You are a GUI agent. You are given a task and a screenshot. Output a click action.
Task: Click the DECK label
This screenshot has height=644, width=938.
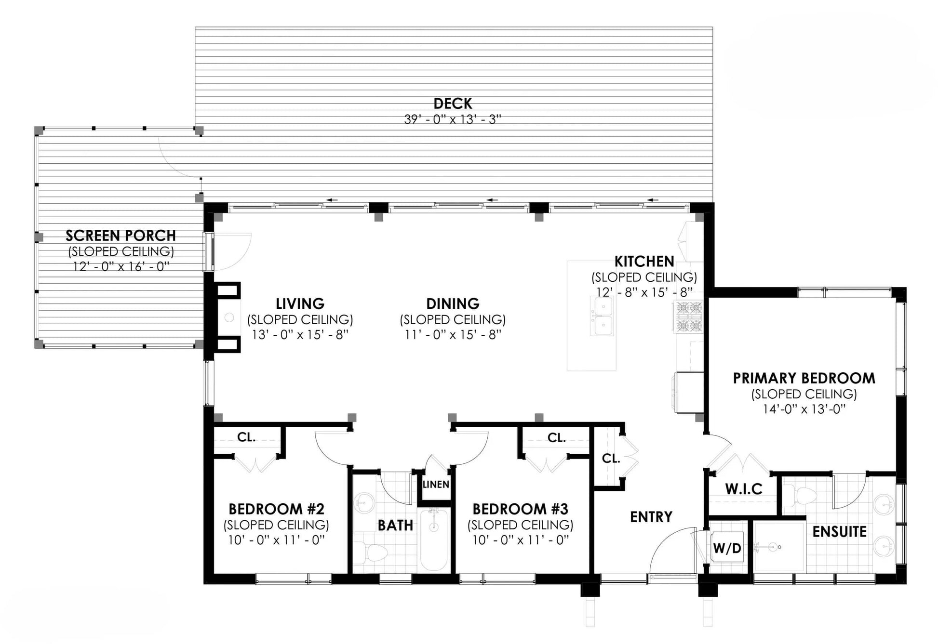(x=453, y=104)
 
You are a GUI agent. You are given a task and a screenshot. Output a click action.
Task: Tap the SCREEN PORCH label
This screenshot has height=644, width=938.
(x=121, y=236)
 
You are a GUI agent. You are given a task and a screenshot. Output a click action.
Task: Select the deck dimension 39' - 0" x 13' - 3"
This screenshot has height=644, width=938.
(x=453, y=119)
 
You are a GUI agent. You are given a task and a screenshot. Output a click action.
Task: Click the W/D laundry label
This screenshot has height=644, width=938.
(x=727, y=548)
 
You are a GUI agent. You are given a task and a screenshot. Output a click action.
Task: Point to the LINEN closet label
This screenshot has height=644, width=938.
(x=436, y=485)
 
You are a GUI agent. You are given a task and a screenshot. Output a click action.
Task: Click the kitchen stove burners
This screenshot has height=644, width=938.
(x=689, y=316)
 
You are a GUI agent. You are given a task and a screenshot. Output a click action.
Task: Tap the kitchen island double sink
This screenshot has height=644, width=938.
(x=603, y=316)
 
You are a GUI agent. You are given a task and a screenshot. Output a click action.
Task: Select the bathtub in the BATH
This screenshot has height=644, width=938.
(x=434, y=539)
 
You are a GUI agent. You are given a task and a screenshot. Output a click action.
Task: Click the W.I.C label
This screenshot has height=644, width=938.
(x=744, y=489)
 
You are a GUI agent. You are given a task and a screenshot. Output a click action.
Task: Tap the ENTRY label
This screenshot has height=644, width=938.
(x=651, y=517)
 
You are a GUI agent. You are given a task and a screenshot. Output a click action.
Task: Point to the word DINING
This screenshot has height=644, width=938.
(x=453, y=303)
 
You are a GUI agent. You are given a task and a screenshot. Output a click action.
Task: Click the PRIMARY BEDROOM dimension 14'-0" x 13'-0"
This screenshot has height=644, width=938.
(x=804, y=409)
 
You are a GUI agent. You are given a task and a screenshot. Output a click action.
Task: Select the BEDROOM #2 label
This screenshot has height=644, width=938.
(x=276, y=509)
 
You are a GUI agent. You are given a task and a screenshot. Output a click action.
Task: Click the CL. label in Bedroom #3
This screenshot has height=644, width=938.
(x=556, y=438)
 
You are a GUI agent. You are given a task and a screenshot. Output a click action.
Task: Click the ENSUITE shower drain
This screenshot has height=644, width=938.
(x=774, y=547)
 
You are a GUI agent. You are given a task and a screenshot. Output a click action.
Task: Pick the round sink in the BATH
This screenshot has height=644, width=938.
(x=364, y=503)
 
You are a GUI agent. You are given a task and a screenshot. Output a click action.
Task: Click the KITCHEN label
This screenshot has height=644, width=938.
(x=644, y=262)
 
